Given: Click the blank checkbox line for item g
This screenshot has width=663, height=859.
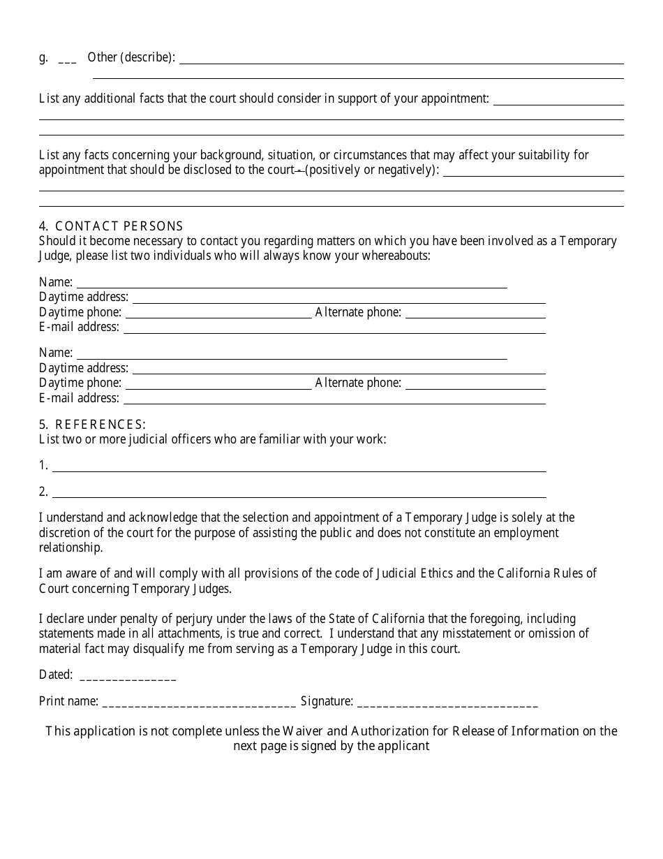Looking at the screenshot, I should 67,59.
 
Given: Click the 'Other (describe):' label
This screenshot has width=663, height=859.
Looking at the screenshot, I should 131,57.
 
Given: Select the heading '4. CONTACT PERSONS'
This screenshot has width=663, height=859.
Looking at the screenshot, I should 112,226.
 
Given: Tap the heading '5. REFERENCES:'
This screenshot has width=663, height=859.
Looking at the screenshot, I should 93,424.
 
